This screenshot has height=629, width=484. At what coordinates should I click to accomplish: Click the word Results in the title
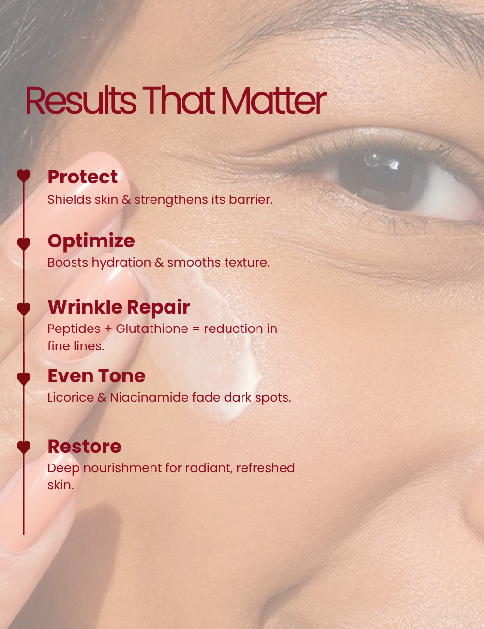click(x=81, y=100)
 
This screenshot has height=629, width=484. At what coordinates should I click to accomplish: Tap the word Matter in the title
click(x=274, y=100)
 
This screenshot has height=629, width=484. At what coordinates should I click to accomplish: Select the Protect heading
click(x=82, y=177)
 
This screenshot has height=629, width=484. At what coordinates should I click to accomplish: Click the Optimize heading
click(x=91, y=241)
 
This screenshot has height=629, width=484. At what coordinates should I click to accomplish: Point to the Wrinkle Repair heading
click(x=119, y=307)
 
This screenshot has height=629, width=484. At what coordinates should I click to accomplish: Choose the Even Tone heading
click(x=96, y=376)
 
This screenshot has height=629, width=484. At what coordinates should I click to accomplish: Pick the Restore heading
click(x=84, y=447)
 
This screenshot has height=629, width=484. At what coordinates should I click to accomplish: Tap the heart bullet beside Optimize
click(x=24, y=244)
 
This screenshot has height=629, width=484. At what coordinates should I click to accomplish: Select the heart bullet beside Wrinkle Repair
click(x=24, y=309)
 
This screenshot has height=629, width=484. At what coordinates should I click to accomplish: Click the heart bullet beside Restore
click(x=24, y=448)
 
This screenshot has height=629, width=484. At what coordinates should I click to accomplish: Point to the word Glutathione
click(x=152, y=329)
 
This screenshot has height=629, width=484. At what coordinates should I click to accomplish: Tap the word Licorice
click(x=71, y=397)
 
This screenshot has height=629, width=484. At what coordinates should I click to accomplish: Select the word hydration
click(x=121, y=263)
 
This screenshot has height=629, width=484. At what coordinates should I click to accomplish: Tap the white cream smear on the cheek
click(x=209, y=333)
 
